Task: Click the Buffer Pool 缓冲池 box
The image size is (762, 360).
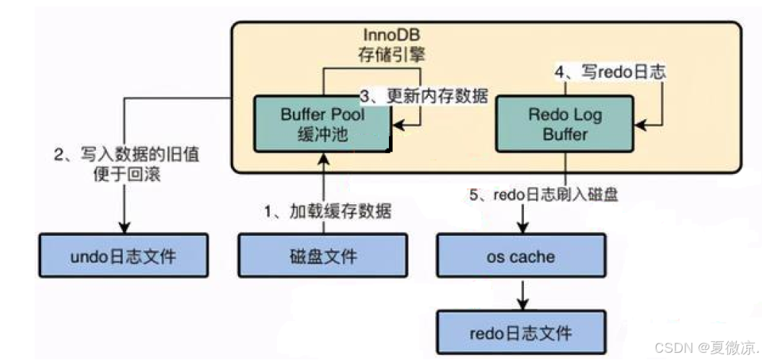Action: (x=323, y=124)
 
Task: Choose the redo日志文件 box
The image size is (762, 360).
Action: (x=520, y=333)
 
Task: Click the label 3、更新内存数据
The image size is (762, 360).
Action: (x=423, y=96)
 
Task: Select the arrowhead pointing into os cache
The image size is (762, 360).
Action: (x=520, y=229)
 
